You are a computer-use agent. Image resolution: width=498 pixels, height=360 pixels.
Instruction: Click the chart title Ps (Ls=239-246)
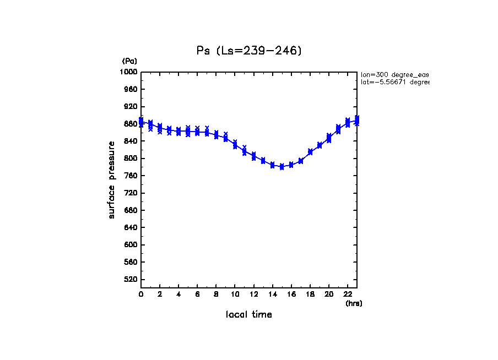(249, 51)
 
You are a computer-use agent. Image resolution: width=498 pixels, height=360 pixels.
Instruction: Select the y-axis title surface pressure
(112, 179)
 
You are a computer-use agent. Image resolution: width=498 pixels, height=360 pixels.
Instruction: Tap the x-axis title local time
(249, 315)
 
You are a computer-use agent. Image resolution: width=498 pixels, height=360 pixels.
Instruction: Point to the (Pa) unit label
(129, 61)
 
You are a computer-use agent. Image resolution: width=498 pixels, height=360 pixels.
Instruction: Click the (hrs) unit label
(354, 303)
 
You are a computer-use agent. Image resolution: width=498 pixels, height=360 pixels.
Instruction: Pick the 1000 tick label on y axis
(129, 72)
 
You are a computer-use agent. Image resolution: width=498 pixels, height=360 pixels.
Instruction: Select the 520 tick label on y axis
(131, 280)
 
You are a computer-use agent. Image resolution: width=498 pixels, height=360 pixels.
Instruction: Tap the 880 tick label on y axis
(131, 124)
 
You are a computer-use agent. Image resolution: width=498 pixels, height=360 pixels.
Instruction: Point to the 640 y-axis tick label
(131, 227)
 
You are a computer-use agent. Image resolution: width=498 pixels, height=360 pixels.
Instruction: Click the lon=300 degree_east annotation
(394, 74)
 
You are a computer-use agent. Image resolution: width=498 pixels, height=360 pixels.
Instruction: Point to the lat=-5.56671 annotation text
(394, 82)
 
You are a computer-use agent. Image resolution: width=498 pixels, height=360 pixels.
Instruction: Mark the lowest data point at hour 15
(282, 167)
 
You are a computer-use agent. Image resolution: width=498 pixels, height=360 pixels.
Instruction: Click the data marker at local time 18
(310, 151)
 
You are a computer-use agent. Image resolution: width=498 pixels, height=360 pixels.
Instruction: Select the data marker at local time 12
(253, 156)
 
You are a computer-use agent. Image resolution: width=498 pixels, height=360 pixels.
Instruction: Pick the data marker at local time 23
(357, 120)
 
